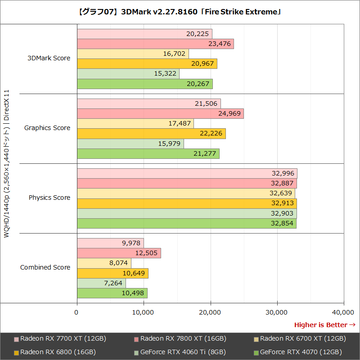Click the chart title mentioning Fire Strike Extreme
pyautogui.click(x=180, y=12)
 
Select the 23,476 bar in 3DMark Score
pyautogui.click(x=155, y=44)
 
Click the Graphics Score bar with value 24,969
pyautogui.click(x=160, y=113)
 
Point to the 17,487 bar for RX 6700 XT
pyautogui.click(x=135, y=123)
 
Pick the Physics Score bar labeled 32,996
pyautogui.click(x=187, y=173)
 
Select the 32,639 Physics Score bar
pyautogui.click(x=186, y=193)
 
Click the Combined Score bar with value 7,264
pyautogui.click(x=101, y=283)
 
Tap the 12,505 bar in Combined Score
pyautogui.click(x=119, y=253)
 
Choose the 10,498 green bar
pyautogui.click(x=112, y=293)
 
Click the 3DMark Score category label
pyautogui.click(x=49, y=58)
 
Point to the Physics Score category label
pyautogui.click(x=49, y=198)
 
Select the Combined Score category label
pyautogui.click(x=45, y=267)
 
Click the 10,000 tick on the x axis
pyautogui.click(x=144, y=312)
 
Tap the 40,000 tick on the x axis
pyautogui.click(x=344, y=312)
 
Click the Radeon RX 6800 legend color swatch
pyautogui.click(x=16, y=352)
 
